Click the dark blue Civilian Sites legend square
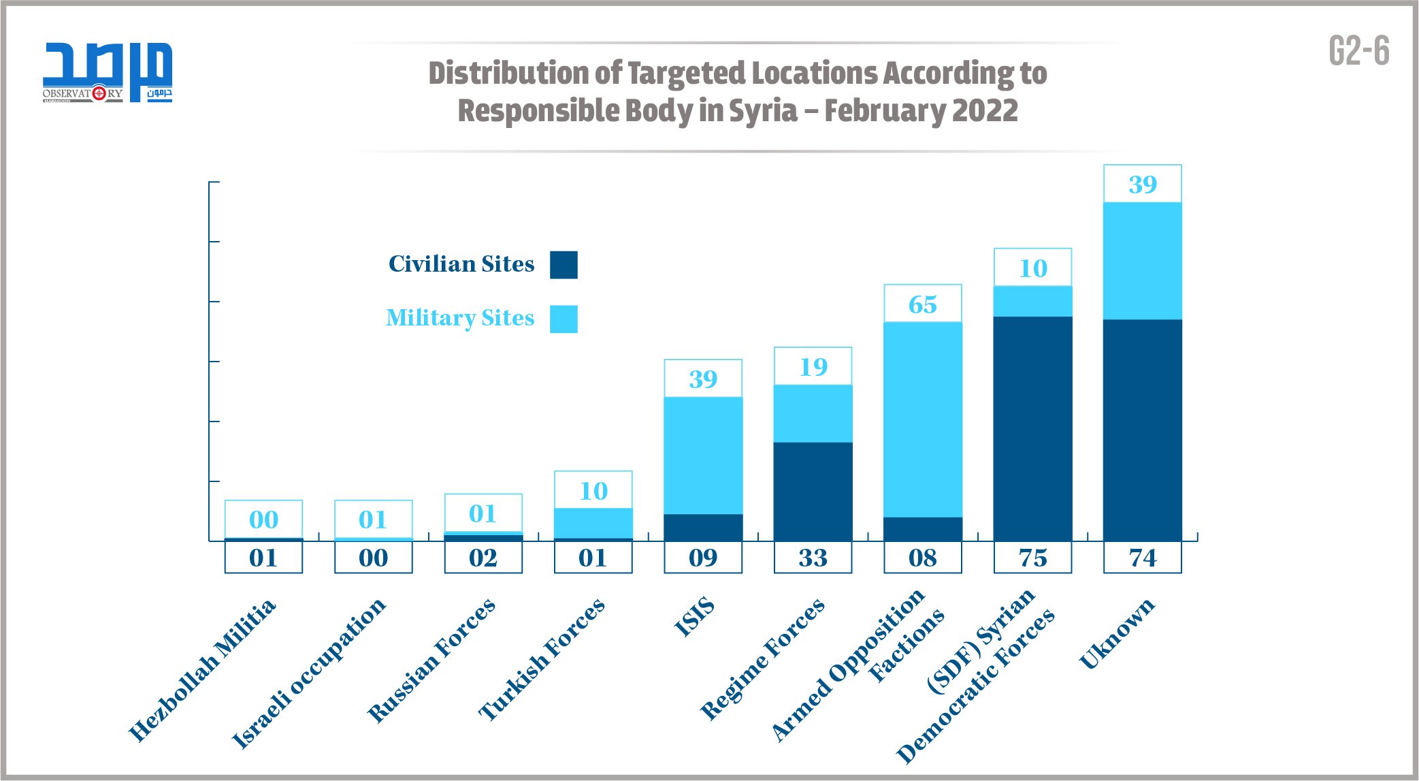pos(564,265)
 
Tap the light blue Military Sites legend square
pos(564,319)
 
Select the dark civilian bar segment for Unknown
pos(1142,430)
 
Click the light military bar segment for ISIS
pos(703,455)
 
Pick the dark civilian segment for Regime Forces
pos(813,492)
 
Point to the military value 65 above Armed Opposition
pos(922,304)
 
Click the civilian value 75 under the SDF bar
pos(1032,558)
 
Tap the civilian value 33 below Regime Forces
pos(813,558)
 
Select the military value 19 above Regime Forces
pos(813,367)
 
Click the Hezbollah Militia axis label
pos(203,670)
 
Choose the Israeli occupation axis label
pos(308,673)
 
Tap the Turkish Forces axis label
pos(542,658)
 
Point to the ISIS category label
pos(694,616)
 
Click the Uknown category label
pos(1117,633)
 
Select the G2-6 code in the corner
pos(1358,51)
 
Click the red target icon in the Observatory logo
pos(99,93)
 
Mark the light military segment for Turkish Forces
pos(593,523)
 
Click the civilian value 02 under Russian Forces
pos(483,558)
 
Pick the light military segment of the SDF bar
pos(1032,301)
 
